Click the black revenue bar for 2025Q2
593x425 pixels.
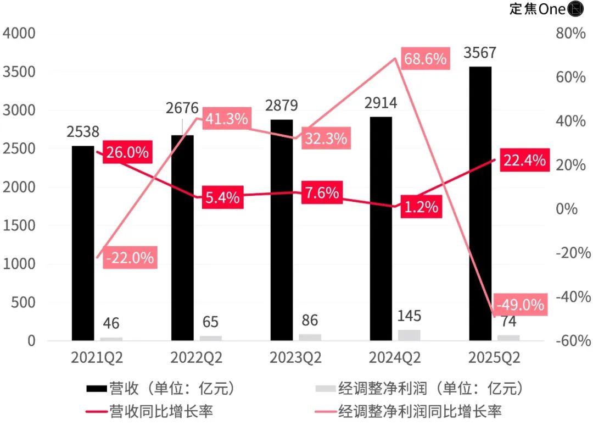pyautogui.click(x=480, y=203)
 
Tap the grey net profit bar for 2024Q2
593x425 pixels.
pyautogui.click(x=409, y=335)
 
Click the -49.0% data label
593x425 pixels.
pyautogui.click(x=520, y=304)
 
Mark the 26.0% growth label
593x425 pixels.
pyautogui.click(x=126, y=152)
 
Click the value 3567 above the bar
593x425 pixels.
pyautogui.click(x=480, y=53)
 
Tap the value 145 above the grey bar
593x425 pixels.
pyautogui.click(x=409, y=316)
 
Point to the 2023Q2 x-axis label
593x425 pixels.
pyautogui.click(x=295, y=358)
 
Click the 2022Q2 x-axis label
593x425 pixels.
pyautogui.click(x=196, y=358)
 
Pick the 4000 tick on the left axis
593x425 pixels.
pyautogui.click(x=19, y=33)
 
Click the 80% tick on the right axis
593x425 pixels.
pyautogui.click(x=572, y=33)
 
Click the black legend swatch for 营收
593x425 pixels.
pyautogui.click(x=97, y=389)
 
